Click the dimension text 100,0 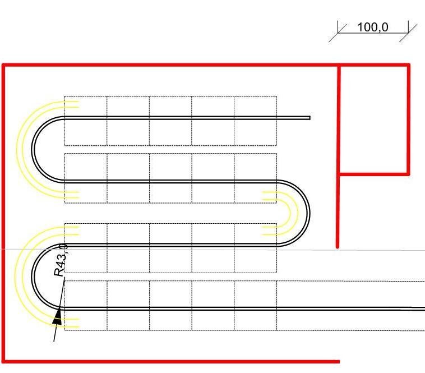pos(373,27)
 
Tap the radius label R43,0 pos(61,260)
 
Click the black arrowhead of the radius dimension pos(57,316)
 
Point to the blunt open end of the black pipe pos(310,118)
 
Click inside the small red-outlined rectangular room pos(374,119)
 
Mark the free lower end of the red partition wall pos(338,247)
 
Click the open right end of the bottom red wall pos(339,361)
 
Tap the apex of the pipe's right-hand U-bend pos(309,213)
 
